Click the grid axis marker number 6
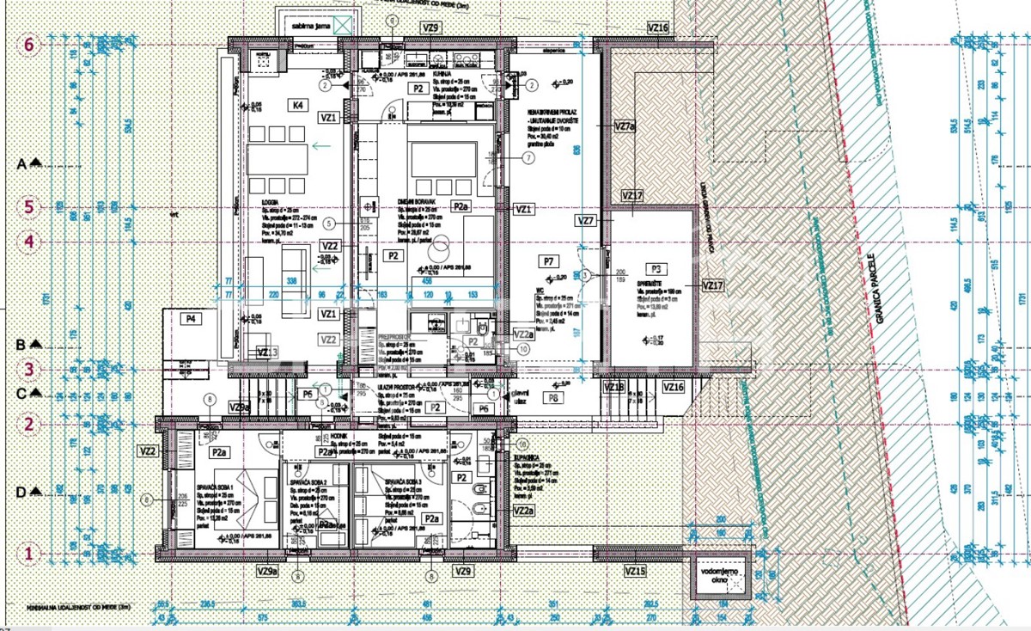click(27, 46)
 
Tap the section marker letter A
click(23, 162)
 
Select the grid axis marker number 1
click(27, 554)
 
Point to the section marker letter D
click(23, 492)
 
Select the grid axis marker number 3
click(27, 370)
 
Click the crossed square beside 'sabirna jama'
click(346, 24)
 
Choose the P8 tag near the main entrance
click(555, 399)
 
